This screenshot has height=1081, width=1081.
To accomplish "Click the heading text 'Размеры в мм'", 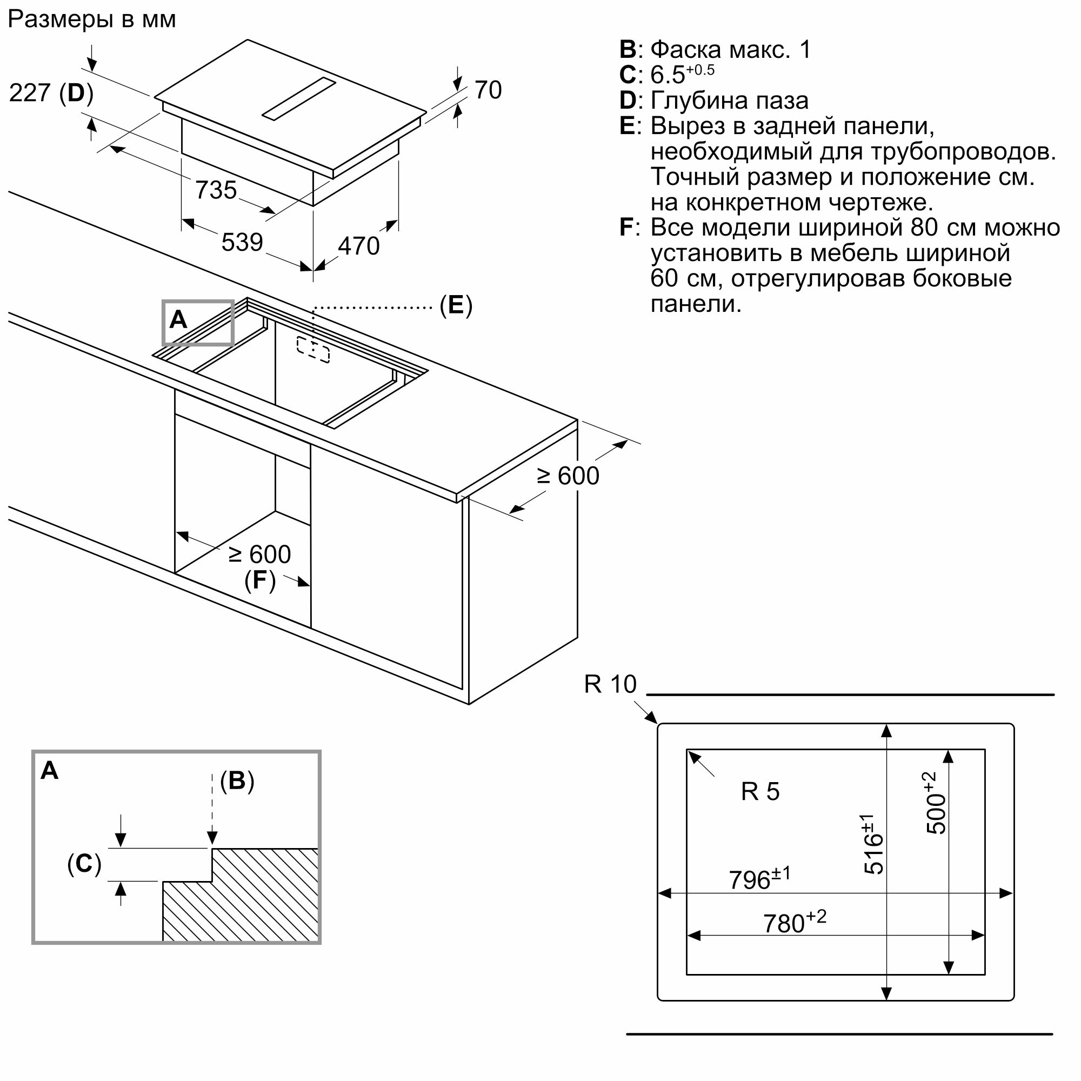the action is point(92,20).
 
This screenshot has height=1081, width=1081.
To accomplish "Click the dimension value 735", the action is point(216,190).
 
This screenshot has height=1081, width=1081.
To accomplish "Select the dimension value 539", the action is point(242,242).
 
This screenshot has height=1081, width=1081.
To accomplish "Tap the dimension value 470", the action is point(359,246).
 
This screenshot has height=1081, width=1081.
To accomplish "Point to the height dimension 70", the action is point(488,90).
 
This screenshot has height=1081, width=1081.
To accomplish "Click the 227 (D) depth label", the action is point(51,93).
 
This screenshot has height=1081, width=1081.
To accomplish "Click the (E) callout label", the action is point(456,305).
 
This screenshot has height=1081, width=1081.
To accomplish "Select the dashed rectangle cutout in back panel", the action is point(313,349).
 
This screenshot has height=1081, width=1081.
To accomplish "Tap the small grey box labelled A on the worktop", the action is point(197,323).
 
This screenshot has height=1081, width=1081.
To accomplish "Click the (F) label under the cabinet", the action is point(260,580).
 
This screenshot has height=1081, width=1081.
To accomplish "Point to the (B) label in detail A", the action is point(237,781).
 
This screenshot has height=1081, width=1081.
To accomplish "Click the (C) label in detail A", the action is point(84,864).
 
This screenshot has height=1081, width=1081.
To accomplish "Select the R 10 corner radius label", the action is point(610,684).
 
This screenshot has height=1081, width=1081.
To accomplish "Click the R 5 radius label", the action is point(760,792).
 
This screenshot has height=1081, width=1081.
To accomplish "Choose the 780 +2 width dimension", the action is point(795,922).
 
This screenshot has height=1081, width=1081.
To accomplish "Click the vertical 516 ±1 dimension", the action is point(873,844).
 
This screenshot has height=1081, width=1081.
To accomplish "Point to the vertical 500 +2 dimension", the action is point(936,803).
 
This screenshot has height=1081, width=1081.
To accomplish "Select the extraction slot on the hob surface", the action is point(299,98).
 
